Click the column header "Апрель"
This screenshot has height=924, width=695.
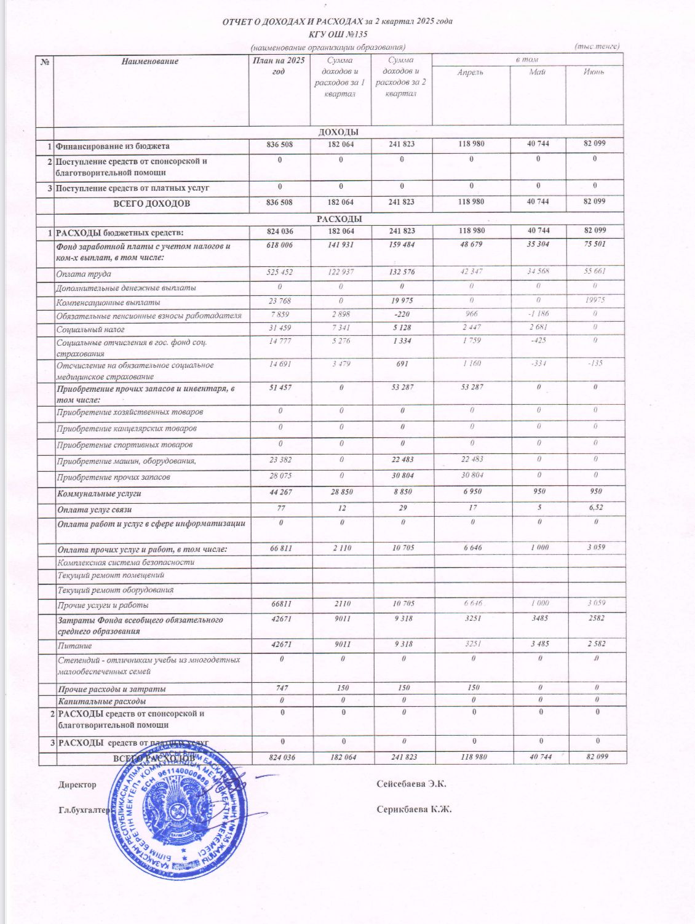click(x=471, y=72)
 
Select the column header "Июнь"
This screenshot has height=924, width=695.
click(x=594, y=72)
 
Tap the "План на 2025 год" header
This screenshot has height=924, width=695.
click(x=279, y=66)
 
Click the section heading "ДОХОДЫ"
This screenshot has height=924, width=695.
click(x=339, y=132)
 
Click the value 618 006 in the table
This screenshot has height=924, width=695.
click(x=279, y=245)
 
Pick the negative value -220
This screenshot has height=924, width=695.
click(x=402, y=314)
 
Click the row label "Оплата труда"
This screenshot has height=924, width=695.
click(x=84, y=274)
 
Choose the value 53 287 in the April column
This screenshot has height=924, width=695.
click(x=471, y=388)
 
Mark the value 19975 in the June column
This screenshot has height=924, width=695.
click(x=595, y=300)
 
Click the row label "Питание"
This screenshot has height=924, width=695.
click(x=74, y=646)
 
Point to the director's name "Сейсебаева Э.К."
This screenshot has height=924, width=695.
click(x=411, y=784)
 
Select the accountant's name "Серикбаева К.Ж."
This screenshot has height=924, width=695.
click(x=414, y=809)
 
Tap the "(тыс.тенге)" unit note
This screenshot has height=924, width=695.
click(x=597, y=47)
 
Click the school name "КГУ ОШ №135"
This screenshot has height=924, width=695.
click(x=338, y=34)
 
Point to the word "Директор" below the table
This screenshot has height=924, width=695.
click(x=77, y=784)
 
